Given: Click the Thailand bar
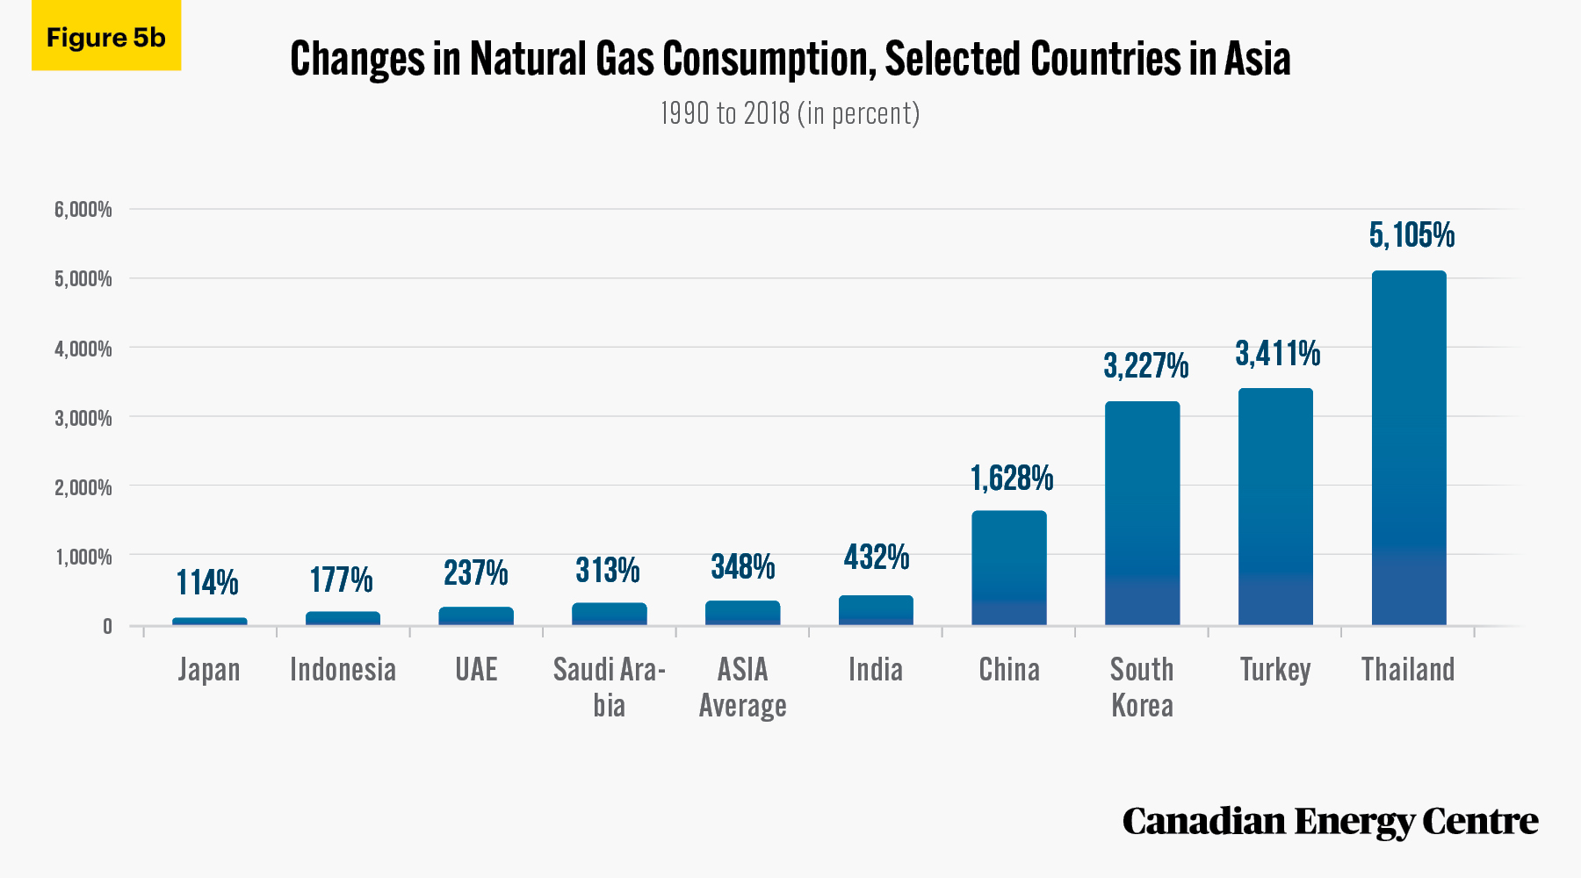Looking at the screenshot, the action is pos(1409,448).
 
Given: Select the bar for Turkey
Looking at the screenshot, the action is pos(1275,507).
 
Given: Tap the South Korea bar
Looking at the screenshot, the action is pos(1142,513).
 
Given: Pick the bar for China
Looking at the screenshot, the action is pos(1009,568).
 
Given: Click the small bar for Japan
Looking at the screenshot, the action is pos(210,622).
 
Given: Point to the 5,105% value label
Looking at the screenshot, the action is pos(1411,235).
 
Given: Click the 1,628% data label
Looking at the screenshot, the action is pos(1012,479).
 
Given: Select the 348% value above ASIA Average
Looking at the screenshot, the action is pos(743,567).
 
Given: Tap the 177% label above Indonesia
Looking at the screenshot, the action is pos(342,579).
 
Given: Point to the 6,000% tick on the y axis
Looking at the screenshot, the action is pos(83,209).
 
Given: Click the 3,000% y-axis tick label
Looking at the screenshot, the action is pos(83,418).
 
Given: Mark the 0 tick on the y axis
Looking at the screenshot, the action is pos(107,626).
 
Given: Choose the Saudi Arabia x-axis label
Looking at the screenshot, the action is pos(609,687).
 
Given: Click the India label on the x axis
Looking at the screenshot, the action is pos(876,670).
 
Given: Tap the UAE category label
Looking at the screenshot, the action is pos(476,670).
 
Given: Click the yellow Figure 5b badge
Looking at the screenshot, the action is pos(106,35).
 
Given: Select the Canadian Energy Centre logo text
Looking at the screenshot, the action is pos(1330,822).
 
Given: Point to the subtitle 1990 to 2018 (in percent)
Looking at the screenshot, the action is pos(790,113).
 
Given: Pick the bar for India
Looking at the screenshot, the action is pos(876,610).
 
